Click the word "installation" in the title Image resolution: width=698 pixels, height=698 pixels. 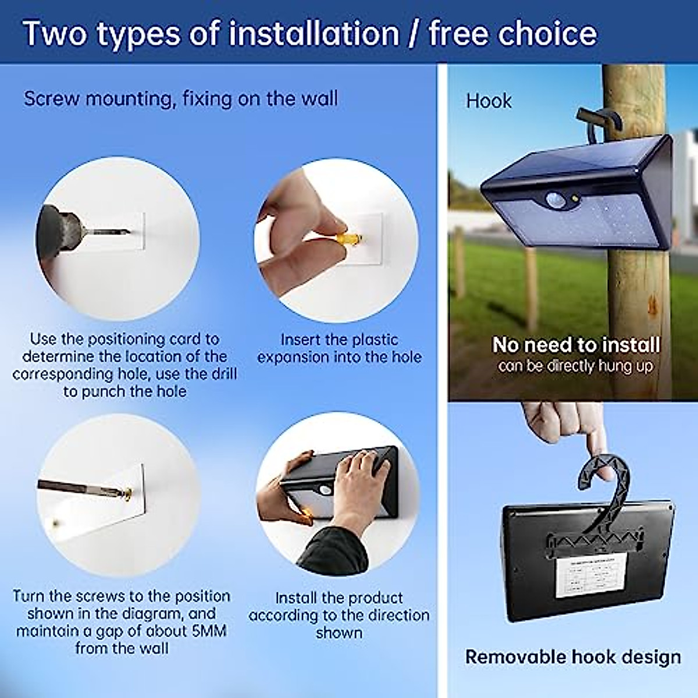[x=314, y=33]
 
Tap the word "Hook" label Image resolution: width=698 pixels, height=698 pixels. [x=489, y=101]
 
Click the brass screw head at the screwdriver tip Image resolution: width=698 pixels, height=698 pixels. [x=124, y=494]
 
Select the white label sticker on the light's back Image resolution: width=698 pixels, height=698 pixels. [x=591, y=575]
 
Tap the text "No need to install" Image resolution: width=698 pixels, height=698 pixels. [x=576, y=345]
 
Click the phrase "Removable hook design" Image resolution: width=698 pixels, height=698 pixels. [x=573, y=657]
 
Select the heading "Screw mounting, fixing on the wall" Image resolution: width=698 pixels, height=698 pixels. [x=180, y=99]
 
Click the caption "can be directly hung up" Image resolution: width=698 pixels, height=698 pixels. [x=575, y=366]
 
